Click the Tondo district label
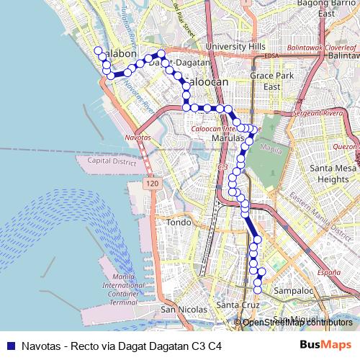178,223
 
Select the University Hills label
230,46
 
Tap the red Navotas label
138,136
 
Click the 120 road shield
150,185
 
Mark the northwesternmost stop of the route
98,50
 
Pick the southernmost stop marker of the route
257,289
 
